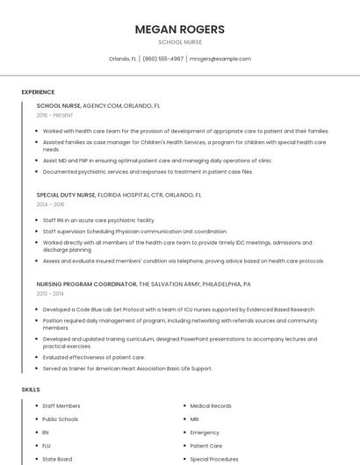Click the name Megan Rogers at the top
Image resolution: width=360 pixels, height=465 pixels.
pos(179,29)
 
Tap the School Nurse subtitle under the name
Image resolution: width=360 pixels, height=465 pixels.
pos(179,42)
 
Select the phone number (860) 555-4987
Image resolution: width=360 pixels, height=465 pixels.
pos(162,59)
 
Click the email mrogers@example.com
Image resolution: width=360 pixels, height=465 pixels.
pos(220,59)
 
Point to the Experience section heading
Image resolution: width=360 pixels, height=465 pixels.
pos(38,92)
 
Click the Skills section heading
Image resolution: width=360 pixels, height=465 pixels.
pos(31,389)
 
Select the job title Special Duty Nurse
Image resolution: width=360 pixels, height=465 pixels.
pos(66,195)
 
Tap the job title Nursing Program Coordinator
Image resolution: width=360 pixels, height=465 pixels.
pos(87,284)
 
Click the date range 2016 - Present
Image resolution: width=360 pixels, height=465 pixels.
pos(54,115)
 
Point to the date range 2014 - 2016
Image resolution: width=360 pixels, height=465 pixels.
pos(50,204)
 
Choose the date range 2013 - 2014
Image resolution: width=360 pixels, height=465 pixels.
pos(50,294)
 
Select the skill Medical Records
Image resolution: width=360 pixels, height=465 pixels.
pos(211,406)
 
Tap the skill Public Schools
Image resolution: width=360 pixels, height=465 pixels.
pos(61,419)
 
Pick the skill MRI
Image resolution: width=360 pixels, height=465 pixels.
pos(195,419)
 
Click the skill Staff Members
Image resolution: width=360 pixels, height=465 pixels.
pos(61,406)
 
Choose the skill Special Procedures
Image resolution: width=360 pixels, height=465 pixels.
pos(214,459)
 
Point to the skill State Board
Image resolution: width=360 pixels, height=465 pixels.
pos(57,459)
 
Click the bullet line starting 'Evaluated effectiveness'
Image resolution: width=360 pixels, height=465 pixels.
pos(94,357)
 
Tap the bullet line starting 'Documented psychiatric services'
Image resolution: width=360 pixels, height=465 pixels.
pos(148,171)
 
